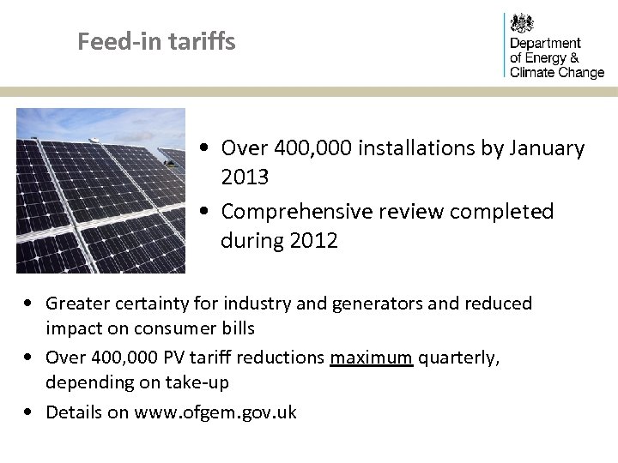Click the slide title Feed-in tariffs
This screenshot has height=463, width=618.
156,41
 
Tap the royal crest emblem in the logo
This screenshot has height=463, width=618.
522,23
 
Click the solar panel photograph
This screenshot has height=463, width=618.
101,190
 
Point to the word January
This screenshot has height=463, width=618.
546,148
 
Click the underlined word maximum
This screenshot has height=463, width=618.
372,358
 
